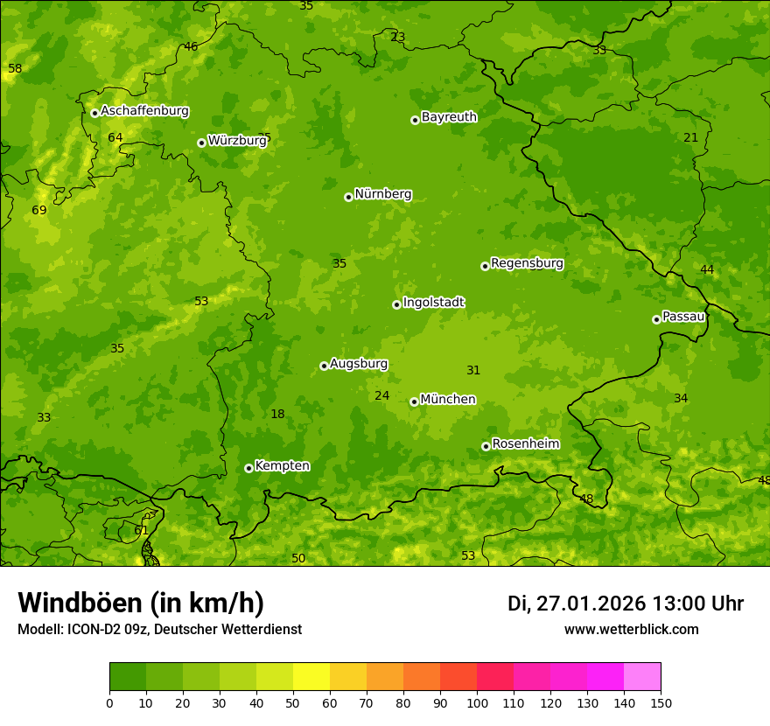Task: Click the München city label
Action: [448, 400]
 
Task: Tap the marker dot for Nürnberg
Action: [348, 197]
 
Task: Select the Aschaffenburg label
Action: [144, 111]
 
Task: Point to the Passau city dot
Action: [656, 319]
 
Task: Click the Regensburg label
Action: [527, 263]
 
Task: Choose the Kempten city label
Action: [282, 466]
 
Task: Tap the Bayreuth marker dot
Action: [415, 120]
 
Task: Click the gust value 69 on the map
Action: [39, 211]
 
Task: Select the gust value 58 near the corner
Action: [15, 68]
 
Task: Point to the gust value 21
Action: [691, 137]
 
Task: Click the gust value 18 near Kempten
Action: [277, 415]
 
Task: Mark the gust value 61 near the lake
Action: [141, 531]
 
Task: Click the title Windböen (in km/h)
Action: [141, 603]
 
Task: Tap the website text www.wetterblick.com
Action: [631, 630]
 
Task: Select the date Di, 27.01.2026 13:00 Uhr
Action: [626, 604]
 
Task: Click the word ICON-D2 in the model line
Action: [92, 630]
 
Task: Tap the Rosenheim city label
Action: [525, 444]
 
